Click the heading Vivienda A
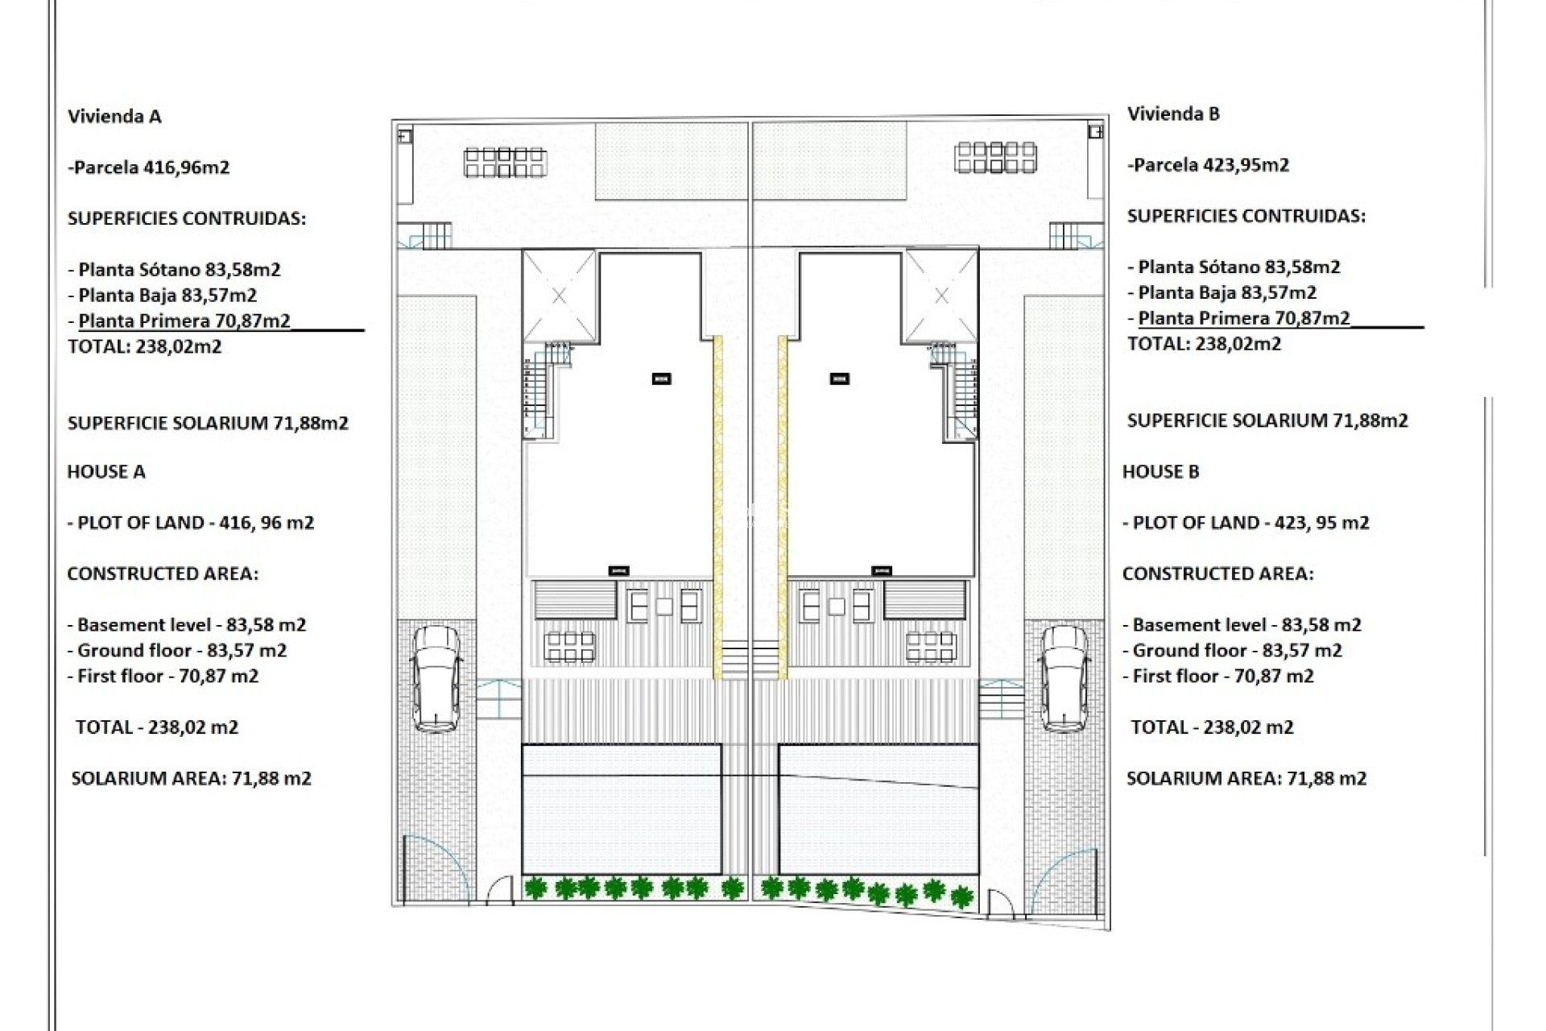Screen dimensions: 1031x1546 [114, 116]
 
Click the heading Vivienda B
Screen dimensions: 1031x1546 [1173, 114]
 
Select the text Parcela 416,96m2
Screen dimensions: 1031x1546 [150, 168]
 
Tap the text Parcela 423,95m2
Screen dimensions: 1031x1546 [1209, 165]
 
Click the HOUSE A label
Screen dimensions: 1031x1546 [105, 471]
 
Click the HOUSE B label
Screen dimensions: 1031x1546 [1160, 471]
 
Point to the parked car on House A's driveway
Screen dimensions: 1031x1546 [436, 678]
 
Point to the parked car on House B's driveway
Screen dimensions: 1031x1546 [1064, 678]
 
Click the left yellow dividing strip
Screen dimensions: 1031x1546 [717, 507]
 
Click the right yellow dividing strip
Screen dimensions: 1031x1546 [782, 507]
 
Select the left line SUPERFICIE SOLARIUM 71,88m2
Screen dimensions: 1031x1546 [208, 423]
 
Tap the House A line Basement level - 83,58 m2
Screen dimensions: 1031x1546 [186, 624]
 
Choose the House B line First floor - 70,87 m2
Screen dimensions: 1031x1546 [1217, 676]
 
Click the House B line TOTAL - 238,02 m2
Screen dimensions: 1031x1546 [1211, 727]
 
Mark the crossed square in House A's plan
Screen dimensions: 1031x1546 [560, 296]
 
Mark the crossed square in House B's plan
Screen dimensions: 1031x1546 [940, 296]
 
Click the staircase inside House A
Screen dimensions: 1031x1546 [538, 391]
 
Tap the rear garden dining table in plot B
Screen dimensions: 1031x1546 [995, 156]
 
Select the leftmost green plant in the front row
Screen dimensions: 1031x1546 [535, 888]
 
